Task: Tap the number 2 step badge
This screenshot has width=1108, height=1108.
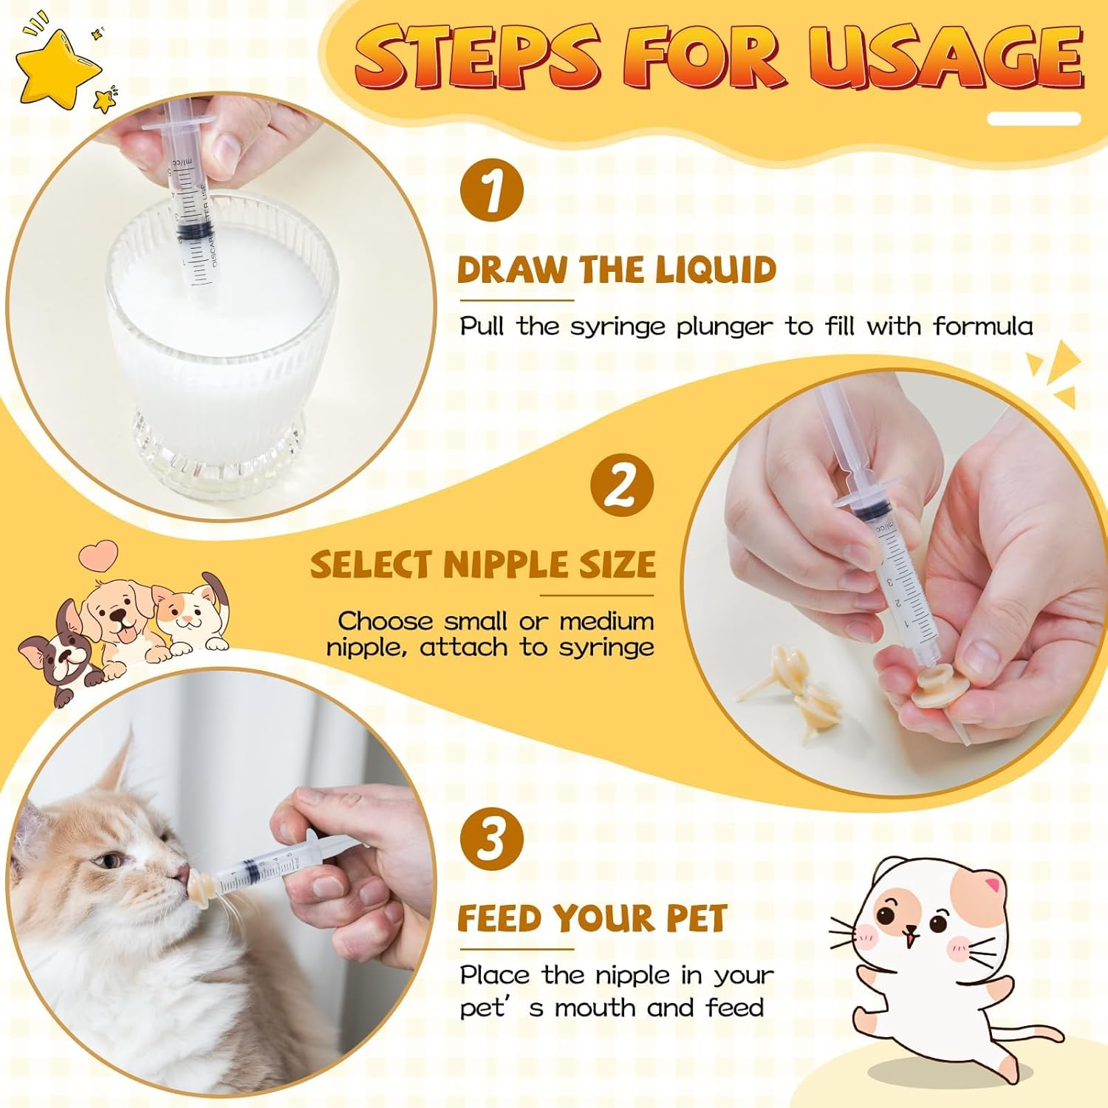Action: pos(621,485)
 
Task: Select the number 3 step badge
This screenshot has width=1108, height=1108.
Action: pos(491,838)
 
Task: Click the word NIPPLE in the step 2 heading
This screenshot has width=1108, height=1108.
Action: pos(505,565)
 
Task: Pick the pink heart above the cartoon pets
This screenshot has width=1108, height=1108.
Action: pos(99,555)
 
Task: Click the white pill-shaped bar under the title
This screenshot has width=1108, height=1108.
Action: pos(1033,118)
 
